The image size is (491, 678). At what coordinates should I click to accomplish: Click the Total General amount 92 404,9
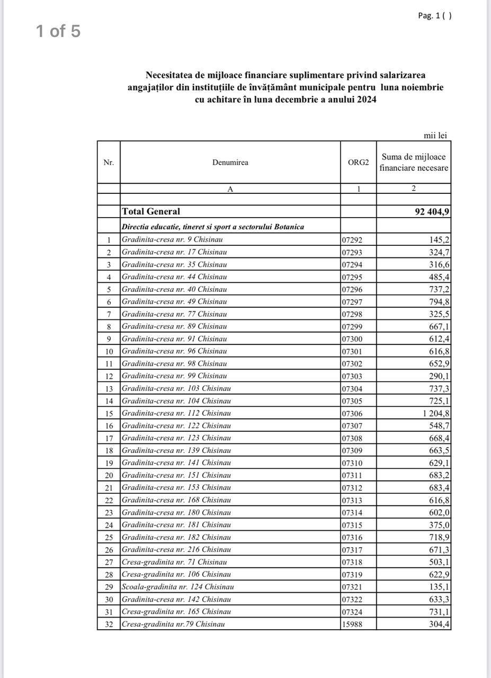tap(432, 212)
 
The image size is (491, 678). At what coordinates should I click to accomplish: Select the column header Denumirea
tap(230, 163)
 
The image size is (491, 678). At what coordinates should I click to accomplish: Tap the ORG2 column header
tap(359, 163)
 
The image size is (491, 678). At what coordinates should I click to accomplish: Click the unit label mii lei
tap(435, 136)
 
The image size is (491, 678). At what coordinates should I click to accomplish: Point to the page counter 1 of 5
tap(58, 31)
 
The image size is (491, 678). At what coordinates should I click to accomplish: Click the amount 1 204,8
tap(436, 413)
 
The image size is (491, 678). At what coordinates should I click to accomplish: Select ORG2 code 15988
tap(352, 625)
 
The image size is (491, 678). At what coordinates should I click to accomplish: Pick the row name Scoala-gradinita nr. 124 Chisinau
tap(178, 587)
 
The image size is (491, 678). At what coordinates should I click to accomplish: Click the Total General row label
tap(151, 211)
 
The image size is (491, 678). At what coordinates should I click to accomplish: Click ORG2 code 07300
tap(352, 339)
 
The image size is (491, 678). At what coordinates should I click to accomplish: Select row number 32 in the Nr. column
tap(109, 625)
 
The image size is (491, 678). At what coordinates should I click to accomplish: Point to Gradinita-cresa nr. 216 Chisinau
tap(176, 550)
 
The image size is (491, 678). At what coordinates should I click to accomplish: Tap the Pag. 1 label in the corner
tap(430, 15)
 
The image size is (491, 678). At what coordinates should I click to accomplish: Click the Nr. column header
tap(109, 163)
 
